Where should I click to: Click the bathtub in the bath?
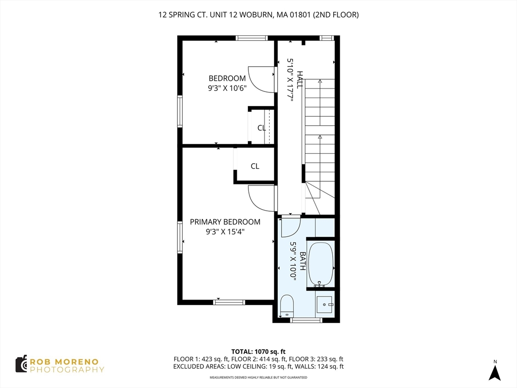[321, 264]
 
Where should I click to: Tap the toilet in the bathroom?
[287, 306]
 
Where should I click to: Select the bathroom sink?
[325, 305]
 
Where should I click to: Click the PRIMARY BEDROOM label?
[225, 222]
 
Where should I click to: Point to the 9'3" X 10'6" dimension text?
[227, 88]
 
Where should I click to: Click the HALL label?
[300, 79]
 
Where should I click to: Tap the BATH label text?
[302, 261]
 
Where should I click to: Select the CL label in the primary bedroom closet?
[255, 166]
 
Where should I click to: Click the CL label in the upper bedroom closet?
[262, 128]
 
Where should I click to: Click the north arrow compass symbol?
[495, 373]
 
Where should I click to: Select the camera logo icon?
[21, 364]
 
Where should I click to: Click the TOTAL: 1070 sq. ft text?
[258, 352]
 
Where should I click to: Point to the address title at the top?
[258, 15]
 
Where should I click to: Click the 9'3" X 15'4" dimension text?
[225, 231]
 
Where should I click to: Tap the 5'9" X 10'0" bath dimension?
[293, 261]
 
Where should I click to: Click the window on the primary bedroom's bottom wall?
[229, 302]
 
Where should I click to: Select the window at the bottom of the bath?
[306, 320]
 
